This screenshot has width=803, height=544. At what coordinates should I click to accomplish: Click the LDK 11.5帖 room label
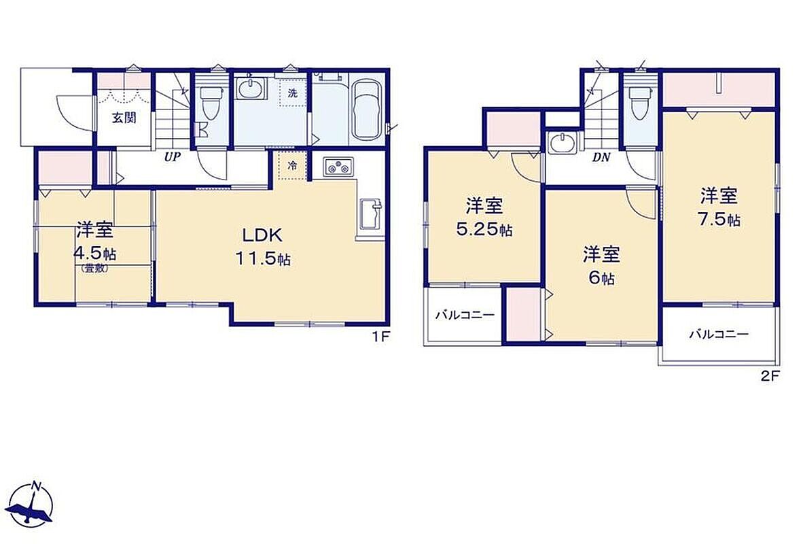pyautogui.click(x=263, y=247)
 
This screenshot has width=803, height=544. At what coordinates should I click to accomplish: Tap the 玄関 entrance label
pyautogui.click(x=124, y=118)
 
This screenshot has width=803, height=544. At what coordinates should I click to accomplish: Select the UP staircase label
pyautogui.click(x=172, y=157)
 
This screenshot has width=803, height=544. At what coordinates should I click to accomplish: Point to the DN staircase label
pyautogui.click(x=602, y=157)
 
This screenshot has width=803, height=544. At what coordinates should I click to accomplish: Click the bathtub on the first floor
pyautogui.click(x=366, y=109)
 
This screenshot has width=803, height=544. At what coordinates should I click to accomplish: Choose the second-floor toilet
pyautogui.click(x=639, y=103)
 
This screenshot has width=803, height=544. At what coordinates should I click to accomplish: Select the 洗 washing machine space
pyautogui.click(x=292, y=93)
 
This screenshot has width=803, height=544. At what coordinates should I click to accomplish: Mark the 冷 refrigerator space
pyautogui.click(x=292, y=166)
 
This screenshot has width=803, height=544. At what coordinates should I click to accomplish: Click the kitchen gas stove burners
pyautogui.click(x=337, y=167)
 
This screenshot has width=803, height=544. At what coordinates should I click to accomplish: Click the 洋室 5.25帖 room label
pyautogui.click(x=484, y=218)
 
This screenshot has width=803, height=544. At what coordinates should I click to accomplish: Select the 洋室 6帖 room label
pyautogui.click(x=601, y=266)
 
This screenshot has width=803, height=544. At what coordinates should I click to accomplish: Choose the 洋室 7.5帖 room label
pyautogui.click(x=719, y=207)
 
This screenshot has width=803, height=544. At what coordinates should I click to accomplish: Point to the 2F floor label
pyautogui.click(x=770, y=376)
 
